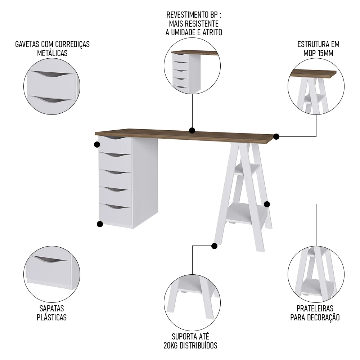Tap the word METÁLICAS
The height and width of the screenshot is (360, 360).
tap(52, 53)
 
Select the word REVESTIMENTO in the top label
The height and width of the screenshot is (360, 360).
tap(186, 15)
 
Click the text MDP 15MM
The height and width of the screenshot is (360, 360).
tap(318, 53)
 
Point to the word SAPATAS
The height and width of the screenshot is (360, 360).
tap(52, 309)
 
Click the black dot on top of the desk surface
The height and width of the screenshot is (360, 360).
tap(192, 130)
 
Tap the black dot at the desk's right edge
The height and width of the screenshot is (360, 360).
tap(276, 136)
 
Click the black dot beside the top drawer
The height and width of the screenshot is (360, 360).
tap(97, 144)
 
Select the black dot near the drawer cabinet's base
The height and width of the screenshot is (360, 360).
tap(100, 224)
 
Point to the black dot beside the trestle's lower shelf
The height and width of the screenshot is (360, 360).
tap(267, 204)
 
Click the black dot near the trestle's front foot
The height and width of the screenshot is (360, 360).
tap(214, 246)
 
